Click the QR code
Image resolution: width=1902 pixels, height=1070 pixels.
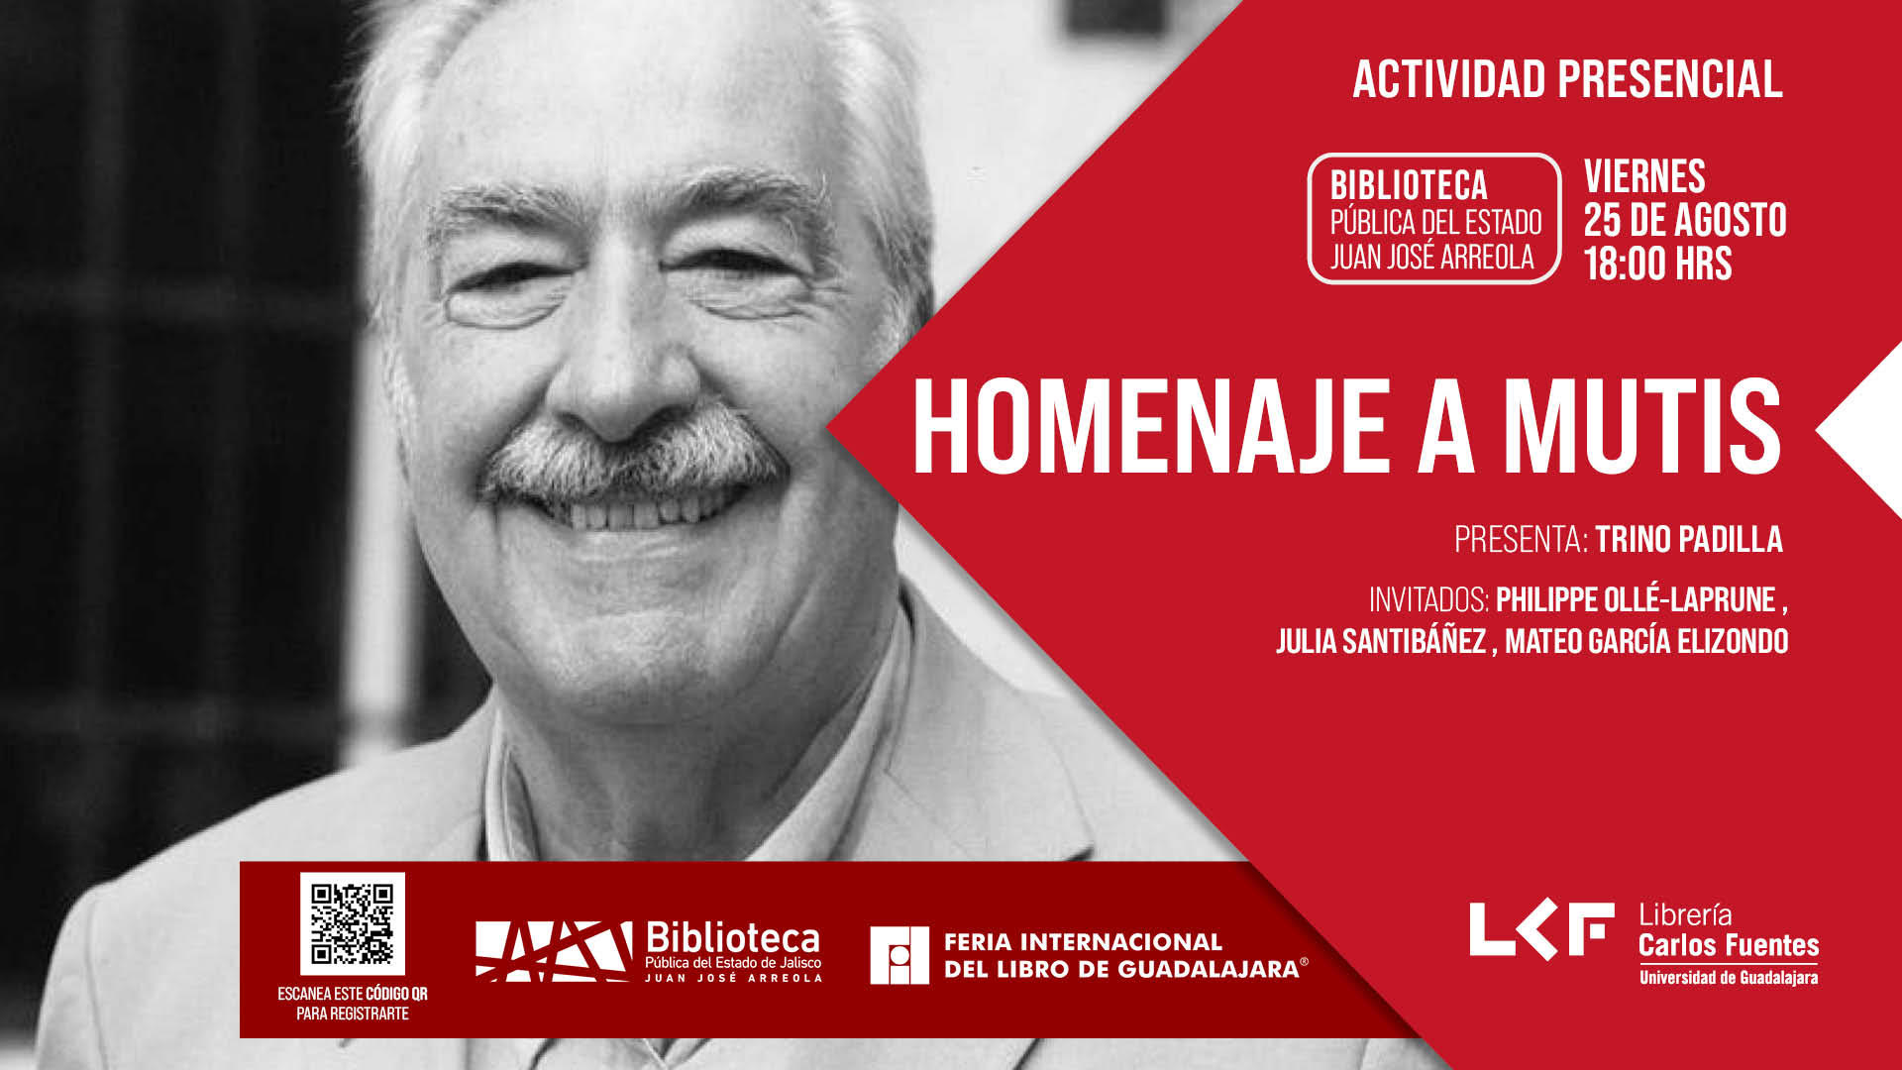tap(353, 922)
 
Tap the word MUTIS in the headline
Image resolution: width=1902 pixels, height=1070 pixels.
tap(1641, 429)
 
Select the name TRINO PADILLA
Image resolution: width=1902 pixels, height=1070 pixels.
tap(1688, 539)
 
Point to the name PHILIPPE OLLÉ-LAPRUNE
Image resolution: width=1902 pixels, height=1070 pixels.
tap(1636, 599)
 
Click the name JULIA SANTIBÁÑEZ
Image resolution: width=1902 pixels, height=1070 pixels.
tap(1381, 641)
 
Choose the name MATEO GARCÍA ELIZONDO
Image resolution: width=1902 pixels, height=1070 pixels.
tap(1646, 641)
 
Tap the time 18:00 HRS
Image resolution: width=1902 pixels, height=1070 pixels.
tap(1657, 264)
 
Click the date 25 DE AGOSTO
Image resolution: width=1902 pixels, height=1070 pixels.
tap(1685, 220)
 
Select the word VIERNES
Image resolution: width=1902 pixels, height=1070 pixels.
tap(1644, 176)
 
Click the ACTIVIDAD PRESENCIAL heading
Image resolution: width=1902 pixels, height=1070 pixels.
tap(1567, 79)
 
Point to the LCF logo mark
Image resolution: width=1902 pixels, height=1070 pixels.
tap(1541, 929)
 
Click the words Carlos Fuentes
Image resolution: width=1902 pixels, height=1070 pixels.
tap(1729, 945)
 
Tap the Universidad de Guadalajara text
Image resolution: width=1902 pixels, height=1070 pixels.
tap(1729, 978)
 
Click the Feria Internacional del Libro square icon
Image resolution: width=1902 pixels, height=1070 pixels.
tap(899, 955)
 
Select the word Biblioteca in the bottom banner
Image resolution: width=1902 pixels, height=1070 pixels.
tap(733, 937)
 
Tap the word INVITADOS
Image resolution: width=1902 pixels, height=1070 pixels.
tap(1429, 599)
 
